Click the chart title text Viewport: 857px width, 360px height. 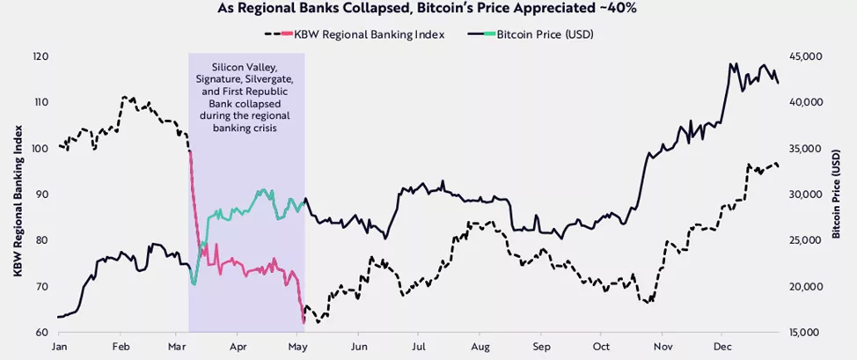428,11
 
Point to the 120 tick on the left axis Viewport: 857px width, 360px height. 40,56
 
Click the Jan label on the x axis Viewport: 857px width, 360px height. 59,348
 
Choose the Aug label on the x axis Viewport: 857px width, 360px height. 480,348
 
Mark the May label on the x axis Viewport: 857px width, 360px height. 297,348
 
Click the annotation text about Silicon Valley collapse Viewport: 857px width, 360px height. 246,97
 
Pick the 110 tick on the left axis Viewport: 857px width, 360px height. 40,102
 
